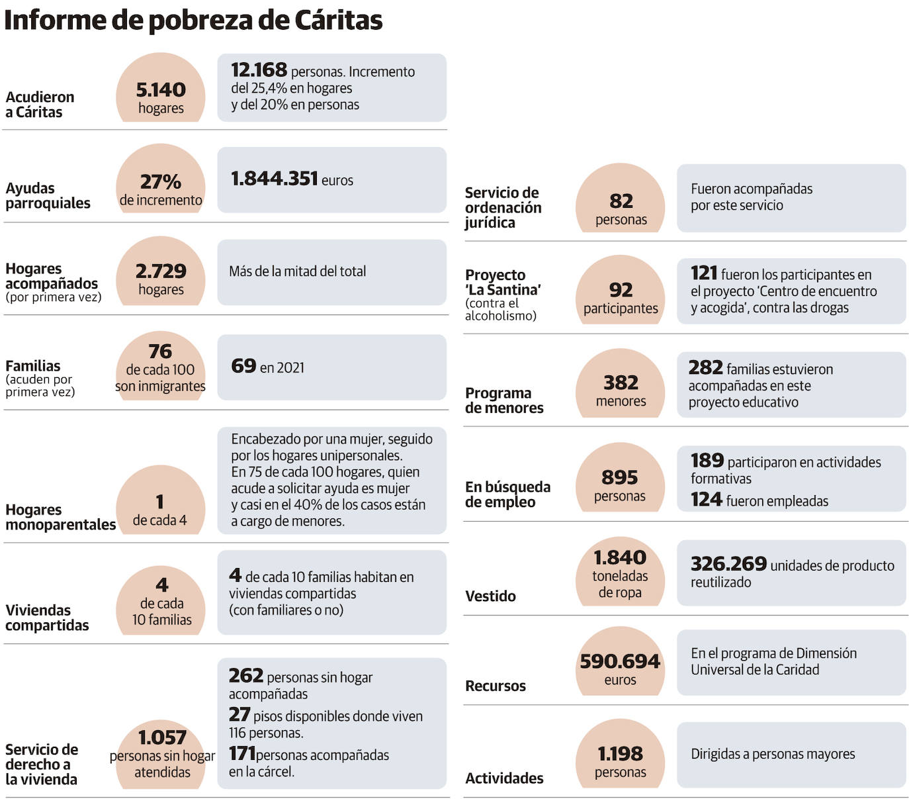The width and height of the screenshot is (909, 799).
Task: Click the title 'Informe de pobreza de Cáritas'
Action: click(193, 21)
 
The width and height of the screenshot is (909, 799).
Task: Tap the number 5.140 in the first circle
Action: click(161, 90)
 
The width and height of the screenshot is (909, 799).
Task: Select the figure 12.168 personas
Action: click(259, 70)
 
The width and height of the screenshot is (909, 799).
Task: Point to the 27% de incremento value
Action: click(161, 182)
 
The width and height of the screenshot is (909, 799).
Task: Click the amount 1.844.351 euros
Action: click(275, 179)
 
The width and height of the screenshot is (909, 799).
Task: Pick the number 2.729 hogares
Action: click(161, 271)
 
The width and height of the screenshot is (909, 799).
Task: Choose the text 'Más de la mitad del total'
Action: click(297, 271)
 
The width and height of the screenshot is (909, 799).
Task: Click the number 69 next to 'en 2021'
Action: click(243, 366)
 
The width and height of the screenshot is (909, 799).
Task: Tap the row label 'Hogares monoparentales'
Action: click(60, 517)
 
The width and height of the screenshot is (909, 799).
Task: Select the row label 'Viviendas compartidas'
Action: click(47, 618)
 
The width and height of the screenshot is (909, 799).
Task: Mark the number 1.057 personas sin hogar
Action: click(162, 737)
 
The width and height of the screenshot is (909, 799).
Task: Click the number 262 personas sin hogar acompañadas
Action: click(246, 676)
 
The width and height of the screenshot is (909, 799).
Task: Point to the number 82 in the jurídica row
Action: click(621, 201)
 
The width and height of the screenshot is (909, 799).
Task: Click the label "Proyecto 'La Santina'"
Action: click(503, 282)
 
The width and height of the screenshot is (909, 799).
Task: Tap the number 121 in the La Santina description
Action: click(704, 273)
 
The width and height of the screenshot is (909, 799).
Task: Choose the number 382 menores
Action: click(621, 383)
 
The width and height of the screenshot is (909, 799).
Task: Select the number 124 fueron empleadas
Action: click(706, 500)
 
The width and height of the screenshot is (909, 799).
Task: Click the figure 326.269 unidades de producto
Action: click(728, 564)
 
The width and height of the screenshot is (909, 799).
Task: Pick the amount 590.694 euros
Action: click(620, 661)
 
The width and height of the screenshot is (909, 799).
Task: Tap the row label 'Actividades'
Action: click(504, 778)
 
